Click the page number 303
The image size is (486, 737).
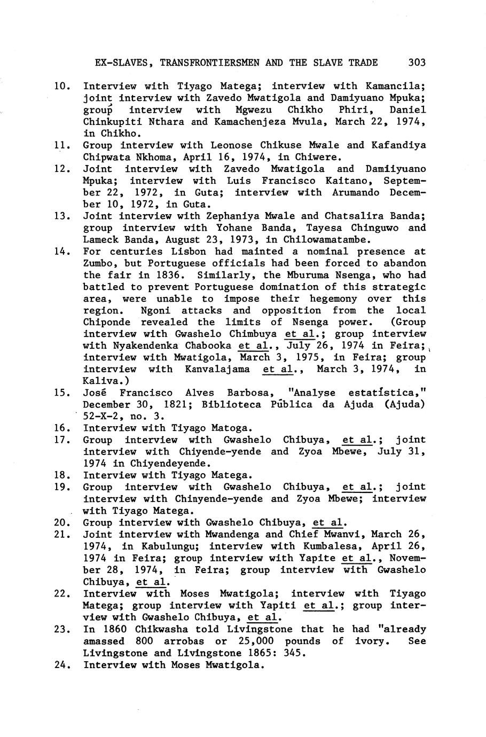pyautogui.click(x=417, y=62)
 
